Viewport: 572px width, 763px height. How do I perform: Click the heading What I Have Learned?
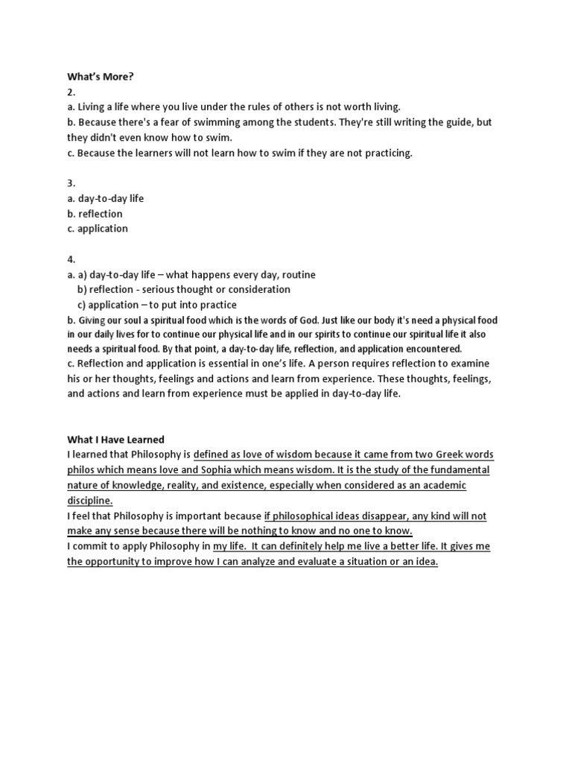coord(116,440)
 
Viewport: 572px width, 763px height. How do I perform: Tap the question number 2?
coord(71,92)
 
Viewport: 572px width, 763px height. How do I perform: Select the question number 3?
coord(71,183)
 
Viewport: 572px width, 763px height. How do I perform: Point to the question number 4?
coord(71,259)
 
